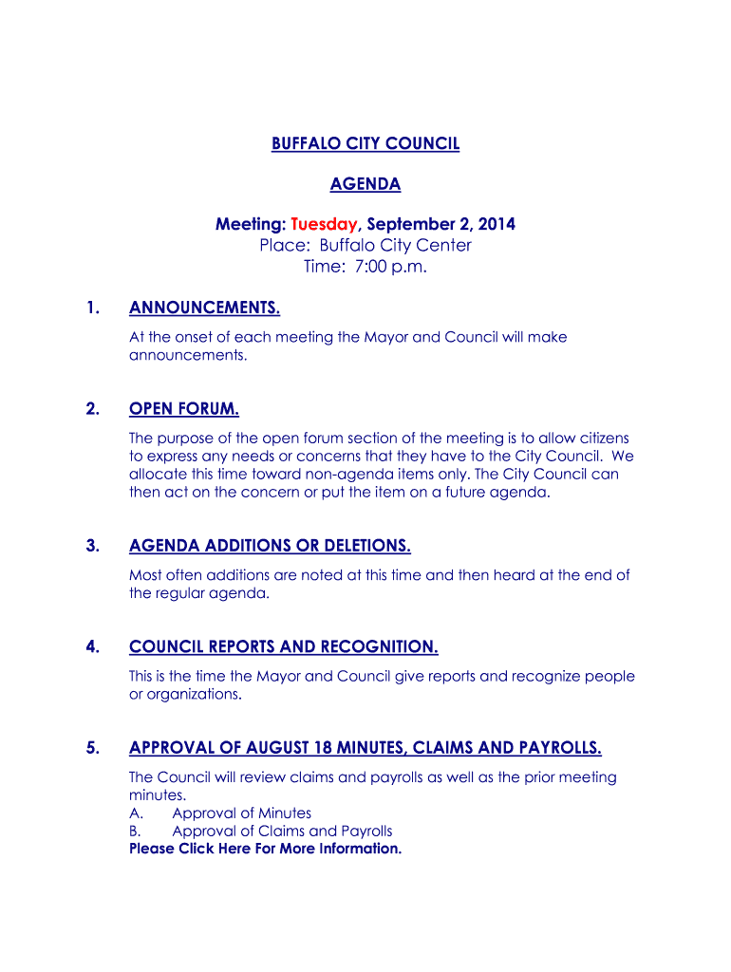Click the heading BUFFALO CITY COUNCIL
pyautogui.click(x=365, y=143)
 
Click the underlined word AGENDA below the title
pyautogui.click(x=365, y=184)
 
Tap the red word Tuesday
pyautogui.click(x=324, y=225)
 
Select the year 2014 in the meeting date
pyautogui.click(x=497, y=225)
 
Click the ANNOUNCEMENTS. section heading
pyautogui.click(x=204, y=308)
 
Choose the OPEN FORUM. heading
pyautogui.click(x=183, y=409)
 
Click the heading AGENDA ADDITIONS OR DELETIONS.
pyautogui.click(x=270, y=546)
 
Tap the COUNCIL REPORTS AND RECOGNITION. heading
pyautogui.click(x=283, y=647)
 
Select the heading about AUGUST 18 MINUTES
pyautogui.click(x=365, y=748)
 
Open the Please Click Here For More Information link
pyautogui.click(x=265, y=849)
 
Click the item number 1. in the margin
pyautogui.click(x=92, y=308)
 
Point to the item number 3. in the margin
pyautogui.click(x=92, y=546)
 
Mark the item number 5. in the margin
pyautogui.click(x=92, y=748)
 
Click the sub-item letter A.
pyautogui.click(x=135, y=813)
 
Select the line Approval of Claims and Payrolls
pyautogui.click(x=282, y=832)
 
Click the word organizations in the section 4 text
pyautogui.click(x=194, y=695)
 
